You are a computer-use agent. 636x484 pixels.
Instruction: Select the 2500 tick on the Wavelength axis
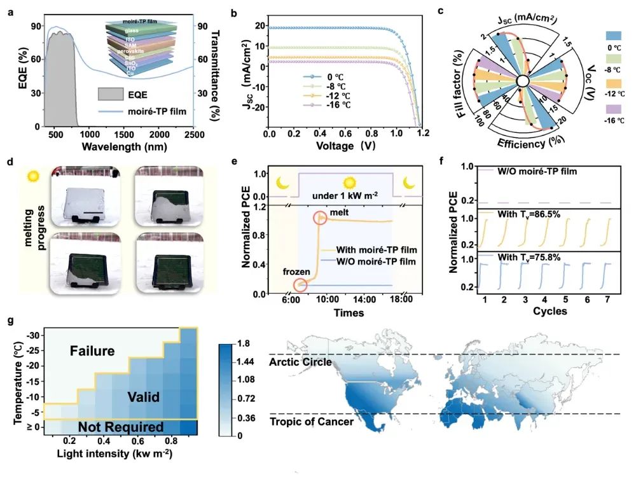194,135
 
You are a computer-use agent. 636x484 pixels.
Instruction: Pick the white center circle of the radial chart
522,81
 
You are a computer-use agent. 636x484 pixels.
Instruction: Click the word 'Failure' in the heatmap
92,350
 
